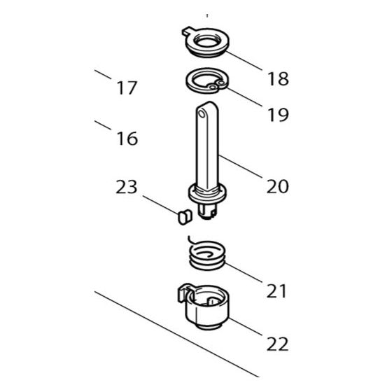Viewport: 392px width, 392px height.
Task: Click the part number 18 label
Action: (277, 78)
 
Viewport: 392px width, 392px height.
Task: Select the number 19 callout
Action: (277, 115)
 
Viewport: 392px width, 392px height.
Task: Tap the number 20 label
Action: (277, 186)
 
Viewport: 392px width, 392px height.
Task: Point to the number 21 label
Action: (276, 290)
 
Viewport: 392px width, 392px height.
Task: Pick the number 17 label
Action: (127, 89)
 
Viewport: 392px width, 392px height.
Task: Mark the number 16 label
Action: (127, 139)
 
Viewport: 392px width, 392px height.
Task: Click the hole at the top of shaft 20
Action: (204, 111)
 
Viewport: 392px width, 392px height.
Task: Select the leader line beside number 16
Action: (102, 125)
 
